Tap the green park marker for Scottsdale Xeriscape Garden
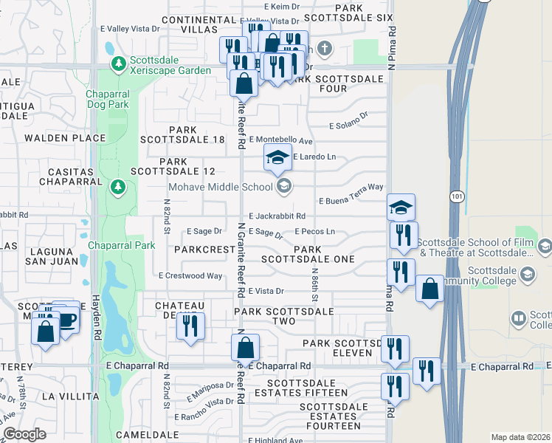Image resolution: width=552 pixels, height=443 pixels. tap(117, 65)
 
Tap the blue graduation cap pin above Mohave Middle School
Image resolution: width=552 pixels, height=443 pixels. tap(278, 157)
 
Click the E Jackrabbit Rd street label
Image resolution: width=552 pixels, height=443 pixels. tap(277, 216)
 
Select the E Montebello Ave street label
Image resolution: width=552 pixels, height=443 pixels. tap(281, 140)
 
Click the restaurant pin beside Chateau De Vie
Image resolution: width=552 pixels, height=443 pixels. tap(191, 325)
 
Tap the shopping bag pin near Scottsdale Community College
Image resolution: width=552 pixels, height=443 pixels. tap(429, 288)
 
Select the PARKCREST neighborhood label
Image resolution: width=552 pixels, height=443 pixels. tap(204, 250)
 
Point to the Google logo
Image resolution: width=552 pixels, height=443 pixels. tap(24, 433)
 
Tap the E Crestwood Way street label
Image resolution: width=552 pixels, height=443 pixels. tap(190, 275)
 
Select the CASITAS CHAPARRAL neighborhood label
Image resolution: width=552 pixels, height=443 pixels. tap(63, 176)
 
